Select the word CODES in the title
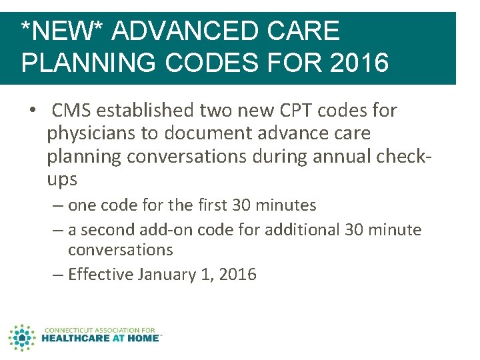pyautogui.click(x=204, y=63)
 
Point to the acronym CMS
pyautogui.click(x=70, y=110)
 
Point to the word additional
pyautogui.click(x=303, y=230)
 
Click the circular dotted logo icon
pyautogui.click(x=22, y=337)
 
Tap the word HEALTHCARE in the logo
pyautogui.click(x=75, y=338)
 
